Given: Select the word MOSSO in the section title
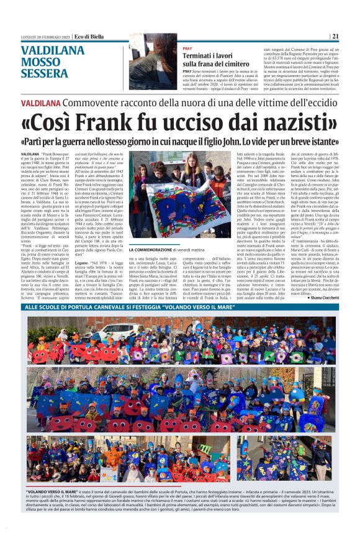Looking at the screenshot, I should pos(41,62).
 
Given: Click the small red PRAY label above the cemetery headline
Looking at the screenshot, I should pos(187,48).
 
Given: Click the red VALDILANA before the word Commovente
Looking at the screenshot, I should pos(42,102).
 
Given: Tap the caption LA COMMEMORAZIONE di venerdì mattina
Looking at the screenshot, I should pos(164,250).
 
